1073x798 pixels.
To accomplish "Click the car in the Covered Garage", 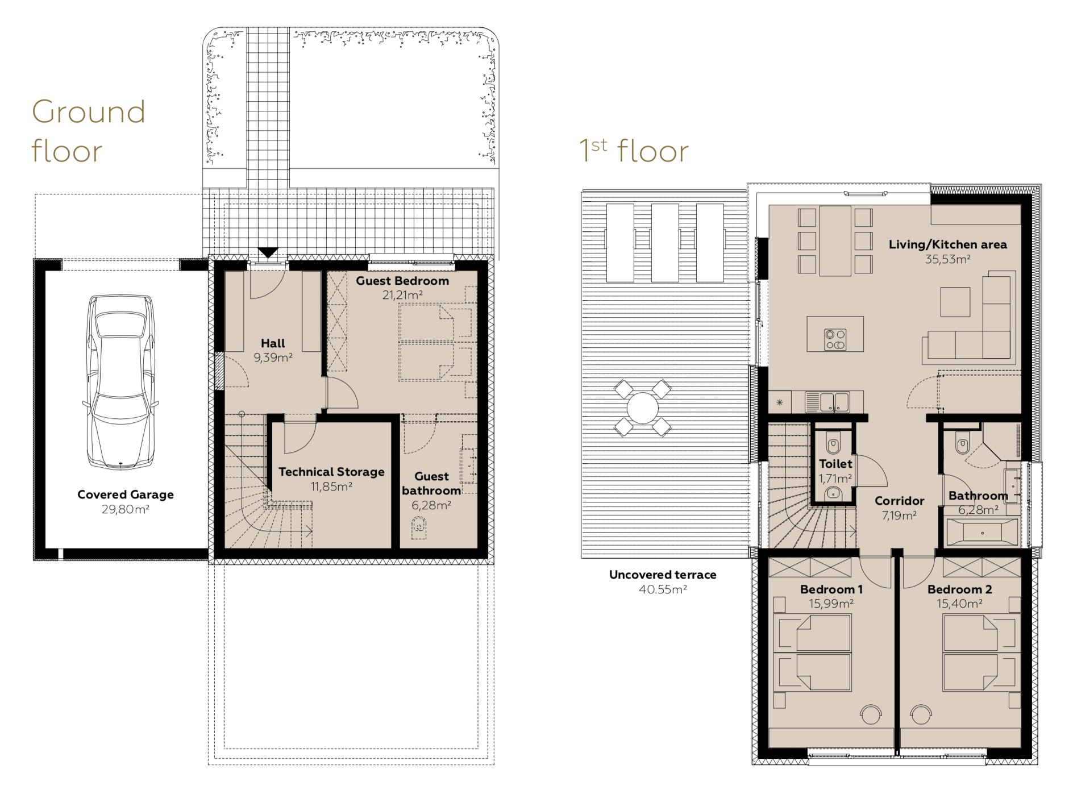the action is coord(120,382).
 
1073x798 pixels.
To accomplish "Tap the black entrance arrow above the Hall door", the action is coord(268,252).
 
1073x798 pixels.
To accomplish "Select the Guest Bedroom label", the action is coord(402,281).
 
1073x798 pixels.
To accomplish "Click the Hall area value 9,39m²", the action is coord(273,358).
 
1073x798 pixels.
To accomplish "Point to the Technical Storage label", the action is coord(331,472).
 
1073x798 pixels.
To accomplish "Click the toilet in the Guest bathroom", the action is coord(419,528).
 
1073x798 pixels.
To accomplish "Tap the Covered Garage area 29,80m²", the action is coord(126,509).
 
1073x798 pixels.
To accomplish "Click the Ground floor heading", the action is coord(89,131).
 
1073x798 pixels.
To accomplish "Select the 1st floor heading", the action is coord(634,151).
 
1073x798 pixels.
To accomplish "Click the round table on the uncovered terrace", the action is coord(643,408).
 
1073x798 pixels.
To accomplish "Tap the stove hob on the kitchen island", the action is coord(835,339).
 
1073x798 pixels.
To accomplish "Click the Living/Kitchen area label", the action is coord(947,244).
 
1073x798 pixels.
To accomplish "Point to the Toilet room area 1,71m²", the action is coord(835,479).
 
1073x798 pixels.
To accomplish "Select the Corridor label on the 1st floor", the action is coord(899,501).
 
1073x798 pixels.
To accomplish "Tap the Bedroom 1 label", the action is coord(831,589).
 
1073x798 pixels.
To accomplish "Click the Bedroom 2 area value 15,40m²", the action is coord(960,604).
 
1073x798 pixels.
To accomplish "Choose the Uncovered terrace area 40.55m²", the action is coord(663,589).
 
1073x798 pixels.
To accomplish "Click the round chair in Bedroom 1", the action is coord(871,714).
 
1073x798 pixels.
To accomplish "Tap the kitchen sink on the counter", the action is coord(827,402).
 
